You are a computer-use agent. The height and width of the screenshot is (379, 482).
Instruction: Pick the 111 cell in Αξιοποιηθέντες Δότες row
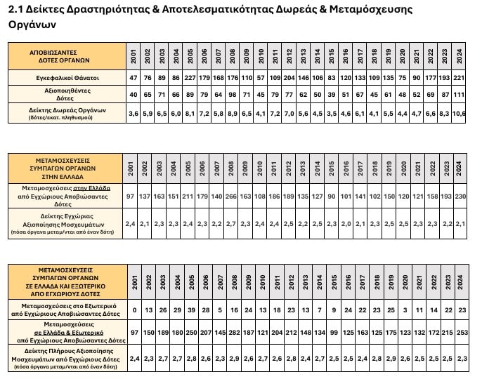[460, 93]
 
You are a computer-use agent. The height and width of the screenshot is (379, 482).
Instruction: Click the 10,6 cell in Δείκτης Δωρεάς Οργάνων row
[460, 112]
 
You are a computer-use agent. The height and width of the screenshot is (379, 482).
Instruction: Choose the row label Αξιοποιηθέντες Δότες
[66, 93]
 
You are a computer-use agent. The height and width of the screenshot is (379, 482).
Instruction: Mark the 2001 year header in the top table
[133, 55]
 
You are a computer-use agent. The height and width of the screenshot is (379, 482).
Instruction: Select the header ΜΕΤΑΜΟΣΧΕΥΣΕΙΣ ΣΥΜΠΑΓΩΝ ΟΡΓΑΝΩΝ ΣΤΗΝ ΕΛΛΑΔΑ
[66, 168]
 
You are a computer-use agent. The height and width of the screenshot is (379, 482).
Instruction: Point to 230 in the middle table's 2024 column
[460, 197]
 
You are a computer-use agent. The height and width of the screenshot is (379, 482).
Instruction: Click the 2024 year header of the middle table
[460, 168]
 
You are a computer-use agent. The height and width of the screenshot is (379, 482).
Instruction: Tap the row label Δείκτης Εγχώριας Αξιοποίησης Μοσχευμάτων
[66, 223]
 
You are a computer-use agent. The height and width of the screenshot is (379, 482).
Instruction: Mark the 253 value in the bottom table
[460, 331]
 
